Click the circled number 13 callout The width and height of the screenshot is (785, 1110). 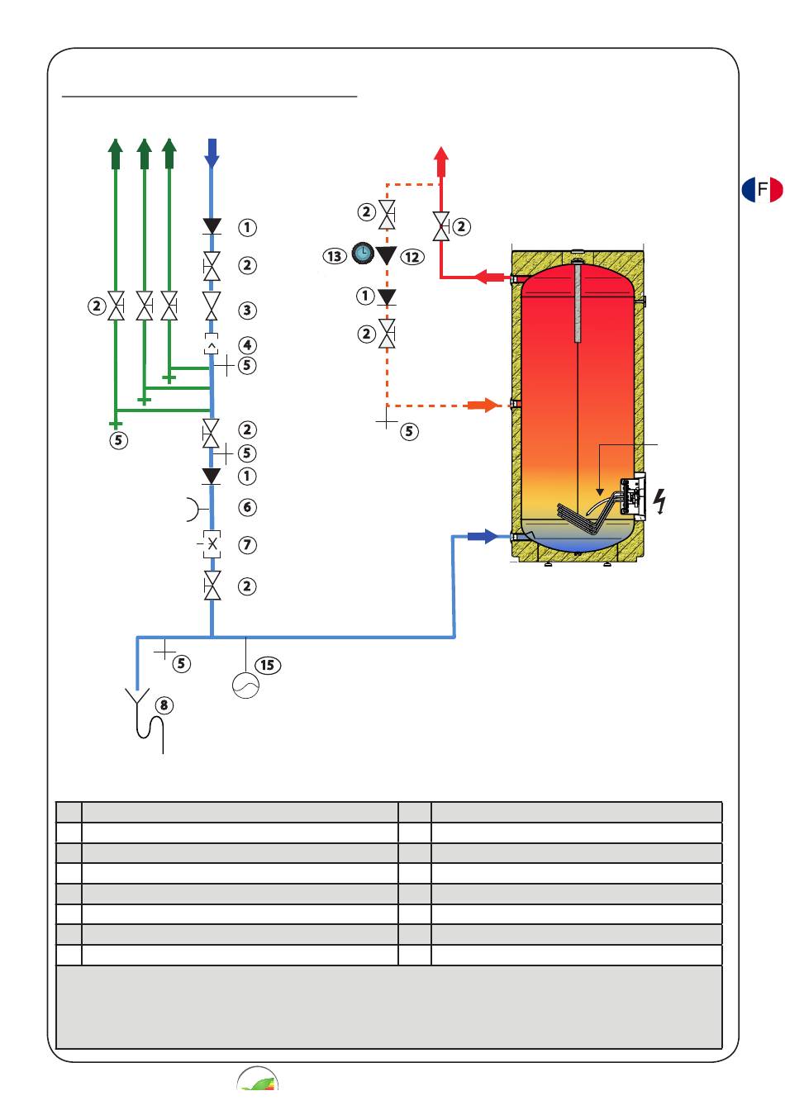[334, 256]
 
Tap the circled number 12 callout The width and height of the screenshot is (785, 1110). [412, 257]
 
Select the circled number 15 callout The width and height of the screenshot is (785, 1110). [268, 665]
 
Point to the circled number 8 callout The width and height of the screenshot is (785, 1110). [164, 705]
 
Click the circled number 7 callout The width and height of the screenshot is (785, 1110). [247, 544]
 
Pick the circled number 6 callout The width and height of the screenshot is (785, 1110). [247, 507]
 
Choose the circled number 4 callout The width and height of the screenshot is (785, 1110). [247, 345]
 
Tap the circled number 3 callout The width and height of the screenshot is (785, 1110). [247, 311]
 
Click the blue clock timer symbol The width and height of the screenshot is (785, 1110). [363, 253]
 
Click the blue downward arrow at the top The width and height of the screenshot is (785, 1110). [212, 153]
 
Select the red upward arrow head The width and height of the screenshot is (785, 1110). [441, 154]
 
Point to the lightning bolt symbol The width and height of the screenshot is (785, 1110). [660, 501]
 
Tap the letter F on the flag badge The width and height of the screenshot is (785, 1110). [762, 189]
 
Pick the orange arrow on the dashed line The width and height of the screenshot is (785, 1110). [483, 405]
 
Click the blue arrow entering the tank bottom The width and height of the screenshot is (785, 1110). [483, 536]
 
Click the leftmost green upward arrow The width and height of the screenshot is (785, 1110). [116, 154]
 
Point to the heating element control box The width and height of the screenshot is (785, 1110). [633, 496]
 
